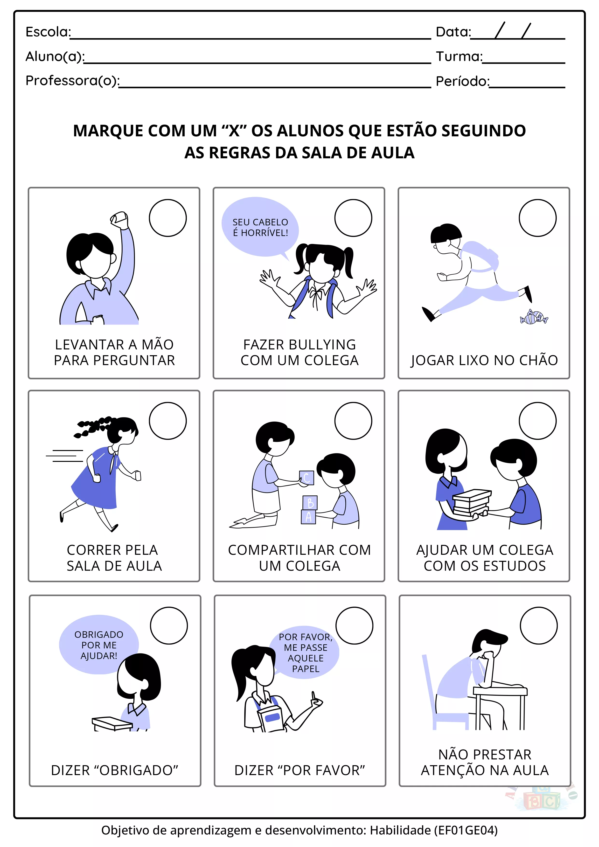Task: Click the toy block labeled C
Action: coord(306,478)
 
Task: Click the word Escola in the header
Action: coord(48,32)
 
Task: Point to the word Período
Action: coord(463,81)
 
